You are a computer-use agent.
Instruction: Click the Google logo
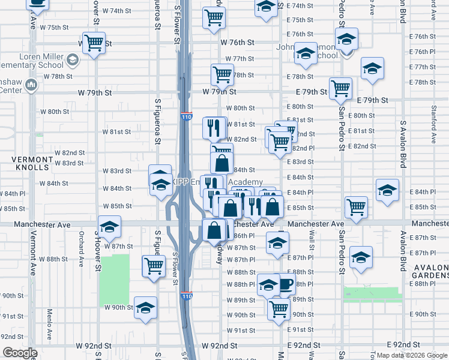(20, 353)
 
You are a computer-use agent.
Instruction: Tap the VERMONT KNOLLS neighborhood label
(33, 164)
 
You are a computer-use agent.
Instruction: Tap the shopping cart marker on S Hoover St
(94, 44)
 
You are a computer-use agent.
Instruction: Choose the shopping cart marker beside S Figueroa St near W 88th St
(154, 266)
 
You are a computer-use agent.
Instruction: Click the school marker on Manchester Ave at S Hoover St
(109, 227)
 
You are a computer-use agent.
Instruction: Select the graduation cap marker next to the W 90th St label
(145, 307)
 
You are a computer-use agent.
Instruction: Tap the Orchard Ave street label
(80, 253)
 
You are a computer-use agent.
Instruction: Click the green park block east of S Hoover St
(115, 279)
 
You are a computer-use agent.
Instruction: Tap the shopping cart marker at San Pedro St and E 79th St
(340, 89)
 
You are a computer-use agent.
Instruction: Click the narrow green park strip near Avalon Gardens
(372, 294)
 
